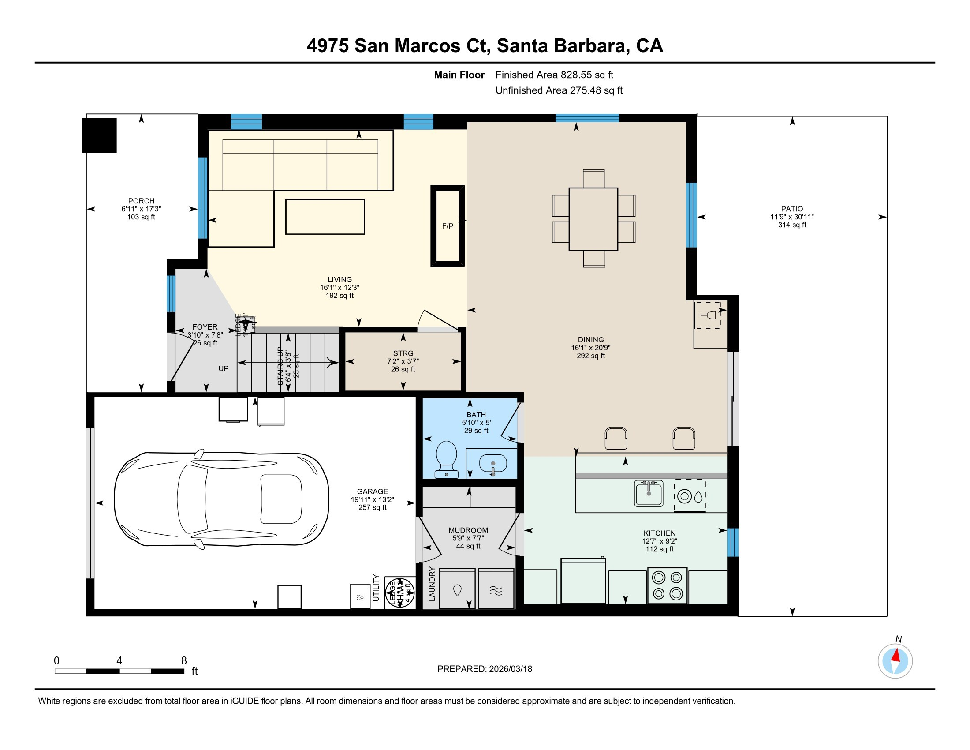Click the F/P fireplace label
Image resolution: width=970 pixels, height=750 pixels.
click(447, 226)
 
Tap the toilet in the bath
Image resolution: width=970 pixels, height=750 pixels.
click(446, 459)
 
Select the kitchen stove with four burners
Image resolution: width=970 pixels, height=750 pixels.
click(667, 585)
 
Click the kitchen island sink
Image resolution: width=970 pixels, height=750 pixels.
click(649, 493)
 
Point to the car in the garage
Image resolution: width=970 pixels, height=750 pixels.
click(221, 499)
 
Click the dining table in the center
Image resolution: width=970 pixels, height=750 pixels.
click(593, 219)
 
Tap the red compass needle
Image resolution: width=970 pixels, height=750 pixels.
click(896, 655)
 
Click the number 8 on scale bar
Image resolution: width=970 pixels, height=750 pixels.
click(184, 661)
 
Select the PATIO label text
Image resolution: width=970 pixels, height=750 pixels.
click(792, 209)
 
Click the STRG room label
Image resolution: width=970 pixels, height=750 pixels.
click(403, 353)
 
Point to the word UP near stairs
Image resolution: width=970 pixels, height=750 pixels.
click(224, 368)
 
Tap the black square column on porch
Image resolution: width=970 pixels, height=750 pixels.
click(99, 135)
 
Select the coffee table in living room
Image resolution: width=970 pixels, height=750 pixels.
click(325, 216)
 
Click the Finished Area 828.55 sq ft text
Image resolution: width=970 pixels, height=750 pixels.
click(554, 75)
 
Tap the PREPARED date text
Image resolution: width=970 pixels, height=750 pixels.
click(485, 669)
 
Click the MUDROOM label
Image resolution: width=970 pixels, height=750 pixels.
click(468, 530)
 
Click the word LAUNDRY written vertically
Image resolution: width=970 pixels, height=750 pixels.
click(432, 583)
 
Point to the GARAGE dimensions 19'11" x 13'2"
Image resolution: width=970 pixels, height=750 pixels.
click(372, 499)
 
